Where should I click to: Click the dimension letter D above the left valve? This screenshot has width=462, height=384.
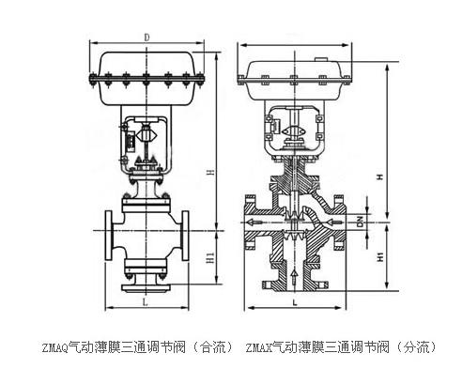pyautogui.click(x=146, y=38)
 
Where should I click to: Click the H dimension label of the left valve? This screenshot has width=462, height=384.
pyautogui.click(x=212, y=172)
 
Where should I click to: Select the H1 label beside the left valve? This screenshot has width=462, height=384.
pyautogui.click(x=211, y=257)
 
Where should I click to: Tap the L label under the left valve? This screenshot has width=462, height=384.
pyautogui.click(x=145, y=302)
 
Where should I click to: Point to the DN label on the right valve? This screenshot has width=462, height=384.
pyautogui.click(x=361, y=222)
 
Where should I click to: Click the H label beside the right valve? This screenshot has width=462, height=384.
pyautogui.click(x=380, y=177)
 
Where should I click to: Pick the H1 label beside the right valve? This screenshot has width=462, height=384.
pyautogui.click(x=380, y=257)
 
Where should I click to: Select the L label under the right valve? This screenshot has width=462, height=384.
pyautogui.click(x=295, y=302)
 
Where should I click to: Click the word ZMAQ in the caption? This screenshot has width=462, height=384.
pyautogui.click(x=55, y=347)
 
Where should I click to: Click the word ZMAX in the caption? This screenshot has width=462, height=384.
pyautogui.click(x=259, y=347)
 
